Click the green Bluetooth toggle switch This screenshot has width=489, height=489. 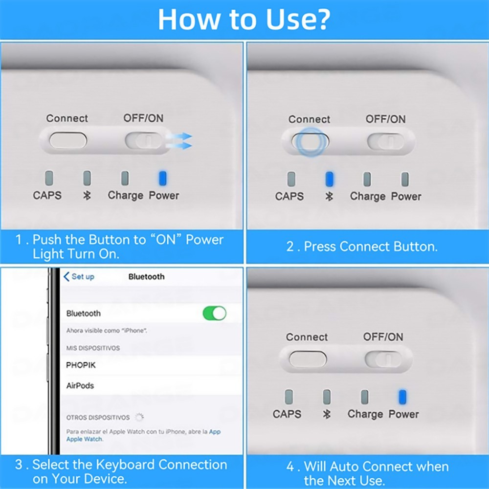pos(215,313)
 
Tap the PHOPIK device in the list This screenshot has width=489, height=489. pos(81,365)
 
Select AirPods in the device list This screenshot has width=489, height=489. pos(80,385)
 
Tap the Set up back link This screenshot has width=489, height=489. pos(79,277)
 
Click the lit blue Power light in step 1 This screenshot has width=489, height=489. pos(162,178)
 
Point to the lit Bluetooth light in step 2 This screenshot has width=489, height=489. pos(329,179)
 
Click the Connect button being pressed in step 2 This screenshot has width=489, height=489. pos(311,141)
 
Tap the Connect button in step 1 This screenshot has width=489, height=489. pos(68,140)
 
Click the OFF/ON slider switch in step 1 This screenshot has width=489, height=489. pos(144,140)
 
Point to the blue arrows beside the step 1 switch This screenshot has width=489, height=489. pos(179,141)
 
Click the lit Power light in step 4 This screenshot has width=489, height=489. pos(402,397)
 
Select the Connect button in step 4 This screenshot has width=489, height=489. pos(308,359)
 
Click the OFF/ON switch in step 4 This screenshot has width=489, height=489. pos(383,359)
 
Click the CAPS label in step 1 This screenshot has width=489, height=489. pos(47,195)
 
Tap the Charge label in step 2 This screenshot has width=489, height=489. pos(368,197)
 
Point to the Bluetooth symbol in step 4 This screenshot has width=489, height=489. pos(327,414)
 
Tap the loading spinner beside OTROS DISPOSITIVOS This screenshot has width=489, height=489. pos(139,417)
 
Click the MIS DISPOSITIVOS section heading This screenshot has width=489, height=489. pos(93,348)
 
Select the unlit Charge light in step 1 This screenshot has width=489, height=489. pos(125,178)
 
